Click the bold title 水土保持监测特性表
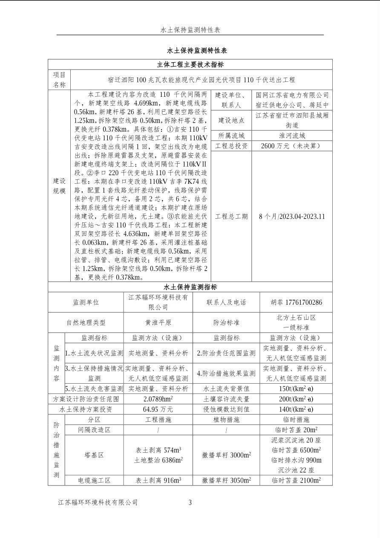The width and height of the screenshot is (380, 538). pos(190,50)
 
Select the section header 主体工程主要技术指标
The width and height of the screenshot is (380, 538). pos(190,65)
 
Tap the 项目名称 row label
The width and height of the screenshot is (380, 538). pos(59,79)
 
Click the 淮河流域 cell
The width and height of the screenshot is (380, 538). pos(292,136)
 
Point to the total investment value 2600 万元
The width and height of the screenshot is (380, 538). pos(292,146)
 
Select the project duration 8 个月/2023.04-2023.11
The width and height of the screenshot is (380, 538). pos(292,216)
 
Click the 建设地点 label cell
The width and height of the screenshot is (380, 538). pos(232,120)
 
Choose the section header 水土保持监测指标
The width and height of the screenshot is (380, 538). pos(190,287)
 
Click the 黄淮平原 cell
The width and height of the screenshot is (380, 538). pos(158,323)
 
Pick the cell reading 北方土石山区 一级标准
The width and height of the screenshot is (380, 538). pos(296,322)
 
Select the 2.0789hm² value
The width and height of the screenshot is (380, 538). pos(158,399)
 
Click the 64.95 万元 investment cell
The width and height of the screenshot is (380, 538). pos(158,409)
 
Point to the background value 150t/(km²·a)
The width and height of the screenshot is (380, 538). pos(296,389)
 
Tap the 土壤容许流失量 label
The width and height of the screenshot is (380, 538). pos(226,399)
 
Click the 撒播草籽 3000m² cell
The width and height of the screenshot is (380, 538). pos(226,455)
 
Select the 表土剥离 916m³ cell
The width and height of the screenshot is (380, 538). pos(158,480)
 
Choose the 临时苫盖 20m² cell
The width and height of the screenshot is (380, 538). pos(296,430)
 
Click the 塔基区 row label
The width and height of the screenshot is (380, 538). pos(94,455)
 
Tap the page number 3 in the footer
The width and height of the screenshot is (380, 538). pos(190,503)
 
